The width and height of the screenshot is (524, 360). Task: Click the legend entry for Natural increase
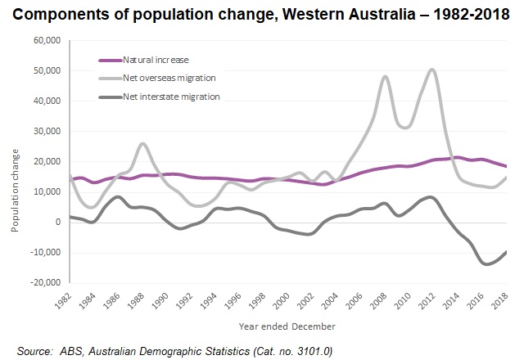coord(155,60)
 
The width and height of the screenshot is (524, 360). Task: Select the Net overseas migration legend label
coord(169,78)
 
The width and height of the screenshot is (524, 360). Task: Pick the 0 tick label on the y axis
coord(58,222)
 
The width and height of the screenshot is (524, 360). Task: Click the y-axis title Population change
coord(16,191)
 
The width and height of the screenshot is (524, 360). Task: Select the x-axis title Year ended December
coord(287,325)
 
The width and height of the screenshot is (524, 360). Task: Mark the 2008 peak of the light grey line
coord(385,77)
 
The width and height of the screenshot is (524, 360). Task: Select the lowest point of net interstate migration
coord(486,264)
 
